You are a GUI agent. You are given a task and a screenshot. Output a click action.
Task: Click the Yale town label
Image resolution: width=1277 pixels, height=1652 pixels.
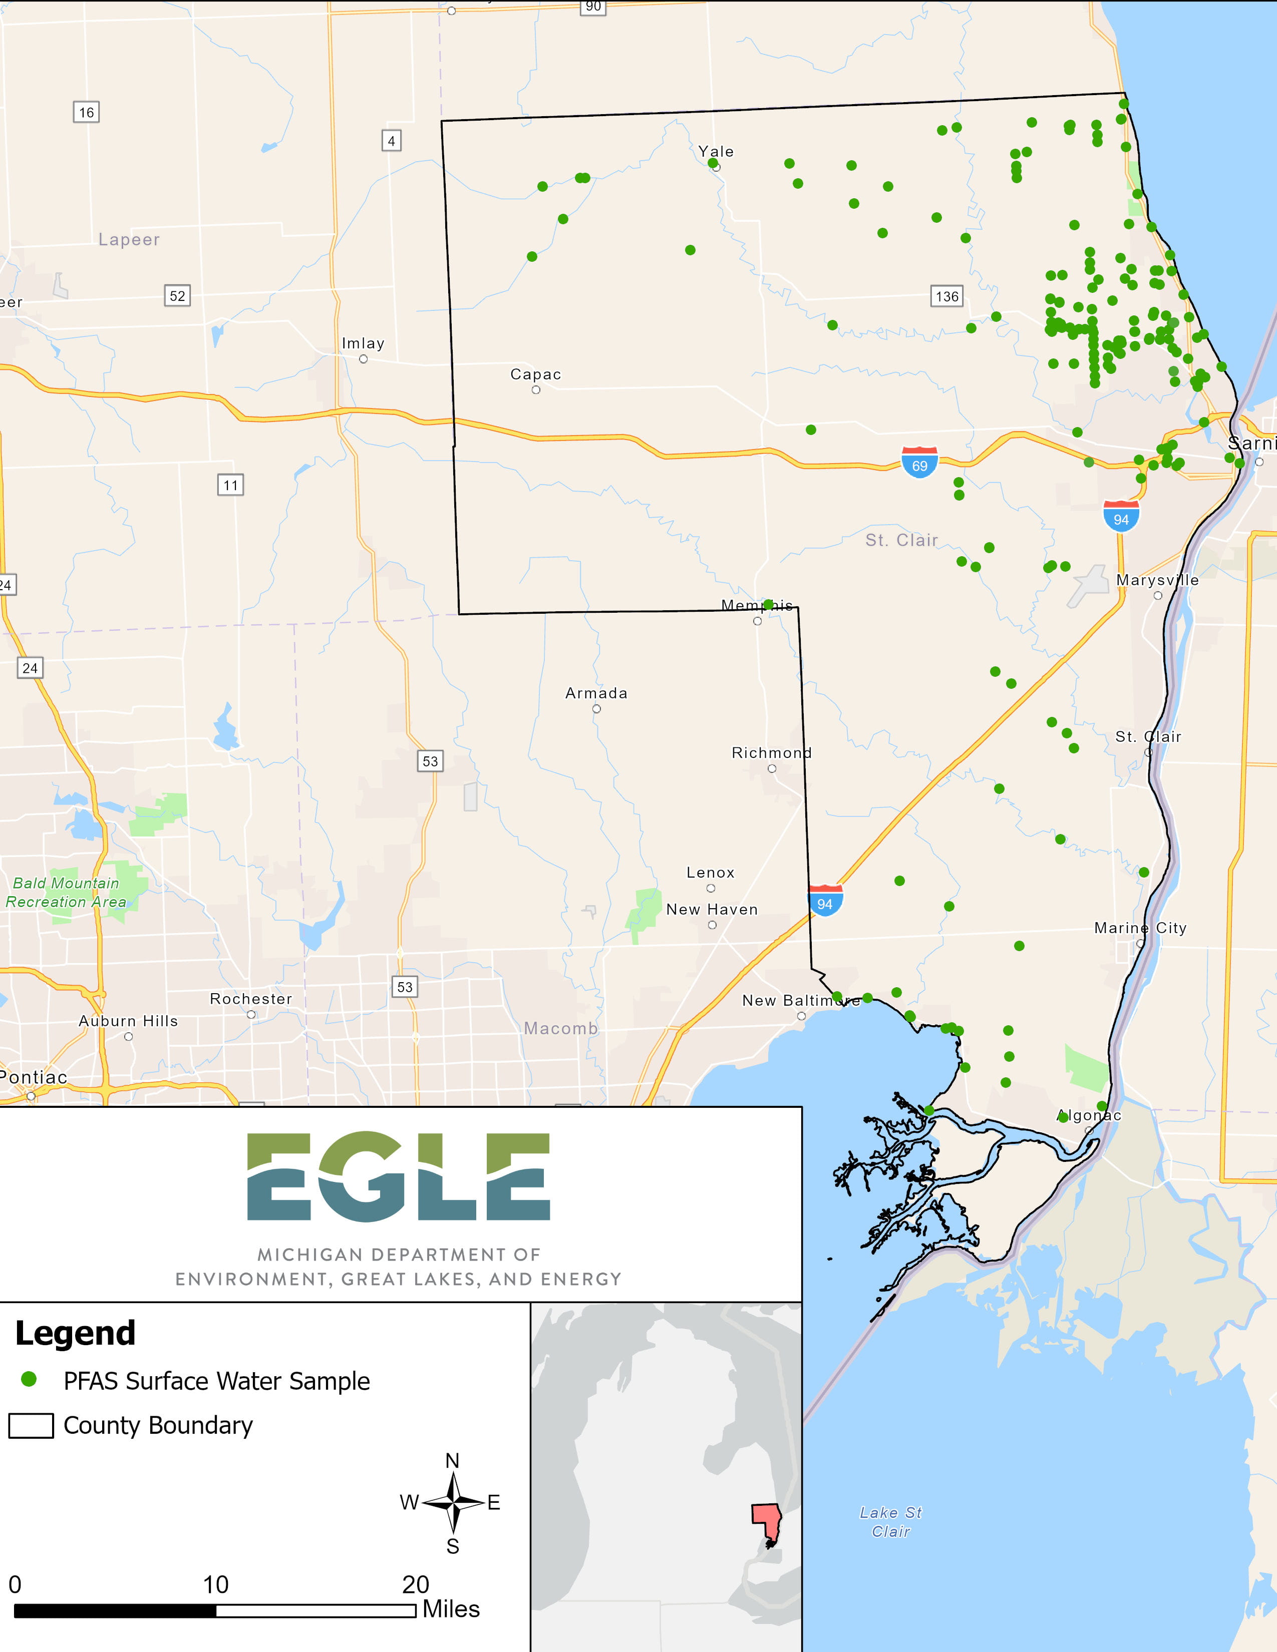716,151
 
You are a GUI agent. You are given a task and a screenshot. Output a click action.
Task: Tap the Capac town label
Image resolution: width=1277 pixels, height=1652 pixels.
536,374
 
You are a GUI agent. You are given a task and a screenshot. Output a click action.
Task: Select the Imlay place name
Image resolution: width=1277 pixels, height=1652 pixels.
363,343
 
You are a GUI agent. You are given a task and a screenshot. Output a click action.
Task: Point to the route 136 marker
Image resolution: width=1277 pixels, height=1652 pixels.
946,296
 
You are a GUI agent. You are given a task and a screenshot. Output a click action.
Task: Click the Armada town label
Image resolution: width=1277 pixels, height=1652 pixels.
596,693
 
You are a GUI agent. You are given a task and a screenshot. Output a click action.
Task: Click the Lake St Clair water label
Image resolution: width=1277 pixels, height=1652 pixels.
890,1522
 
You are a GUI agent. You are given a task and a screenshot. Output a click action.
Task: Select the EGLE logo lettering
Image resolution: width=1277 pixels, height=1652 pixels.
399,1176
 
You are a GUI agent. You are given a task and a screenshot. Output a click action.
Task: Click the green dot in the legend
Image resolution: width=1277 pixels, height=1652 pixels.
29,1379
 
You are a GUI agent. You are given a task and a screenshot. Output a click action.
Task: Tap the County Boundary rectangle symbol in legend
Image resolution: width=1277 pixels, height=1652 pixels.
31,1425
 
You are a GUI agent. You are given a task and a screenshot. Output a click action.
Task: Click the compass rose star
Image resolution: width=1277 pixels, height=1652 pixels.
452,1502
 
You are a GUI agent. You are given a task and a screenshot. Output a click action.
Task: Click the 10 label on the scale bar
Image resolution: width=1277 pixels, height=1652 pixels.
216,1584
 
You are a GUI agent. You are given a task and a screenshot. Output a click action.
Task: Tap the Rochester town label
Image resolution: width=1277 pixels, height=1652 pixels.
250,999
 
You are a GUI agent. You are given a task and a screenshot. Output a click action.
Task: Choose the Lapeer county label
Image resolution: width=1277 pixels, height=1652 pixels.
129,240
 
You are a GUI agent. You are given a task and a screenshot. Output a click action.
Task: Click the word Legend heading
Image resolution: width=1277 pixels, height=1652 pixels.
75,1333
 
